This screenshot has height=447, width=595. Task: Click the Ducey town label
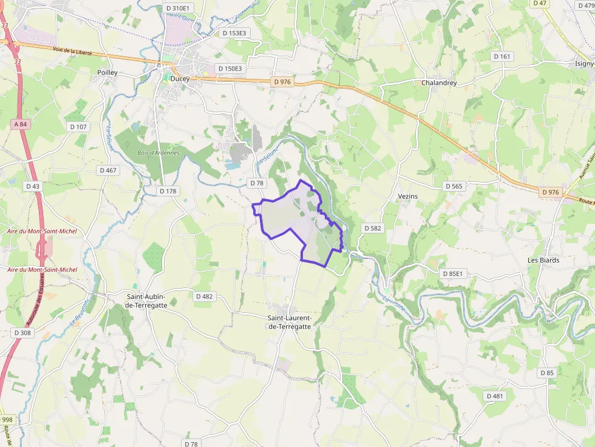click(x=180, y=78)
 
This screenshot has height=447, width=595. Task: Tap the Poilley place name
click(x=107, y=72)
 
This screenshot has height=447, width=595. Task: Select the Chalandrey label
click(x=439, y=82)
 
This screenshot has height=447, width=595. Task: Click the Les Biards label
click(x=543, y=260)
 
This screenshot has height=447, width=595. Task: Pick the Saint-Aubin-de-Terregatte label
click(x=146, y=301)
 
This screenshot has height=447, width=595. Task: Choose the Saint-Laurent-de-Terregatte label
click(x=290, y=322)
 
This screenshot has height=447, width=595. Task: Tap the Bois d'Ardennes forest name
click(x=158, y=153)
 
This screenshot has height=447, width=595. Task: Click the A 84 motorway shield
click(x=20, y=124)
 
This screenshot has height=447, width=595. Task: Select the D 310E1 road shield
click(x=177, y=8)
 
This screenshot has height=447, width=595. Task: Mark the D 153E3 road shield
click(x=234, y=33)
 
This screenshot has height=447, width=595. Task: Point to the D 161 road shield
click(x=502, y=56)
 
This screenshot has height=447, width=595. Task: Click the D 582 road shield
click(x=373, y=228)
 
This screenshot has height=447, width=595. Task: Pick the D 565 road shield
click(x=454, y=186)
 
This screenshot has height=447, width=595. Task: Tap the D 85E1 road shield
click(x=452, y=274)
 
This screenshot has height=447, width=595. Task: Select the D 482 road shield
click(x=205, y=297)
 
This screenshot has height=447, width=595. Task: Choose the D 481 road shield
click(x=495, y=396)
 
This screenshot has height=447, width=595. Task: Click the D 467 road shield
click(x=109, y=170)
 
